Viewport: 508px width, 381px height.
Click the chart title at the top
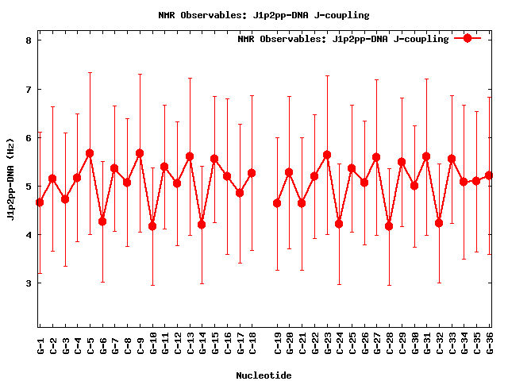click(x=254, y=15)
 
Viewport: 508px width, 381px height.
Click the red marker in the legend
click(x=468, y=38)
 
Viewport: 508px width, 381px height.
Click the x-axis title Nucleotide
click(x=264, y=375)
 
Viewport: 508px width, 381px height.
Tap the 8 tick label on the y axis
click(x=29, y=40)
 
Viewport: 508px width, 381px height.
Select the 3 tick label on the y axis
click(x=29, y=283)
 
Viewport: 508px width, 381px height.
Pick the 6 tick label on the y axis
click(x=29, y=138)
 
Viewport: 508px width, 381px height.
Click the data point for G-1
click(x=40, y=202)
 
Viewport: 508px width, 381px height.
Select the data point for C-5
click(x=90, y=153)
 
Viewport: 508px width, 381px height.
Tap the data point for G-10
click(x=152, y=226)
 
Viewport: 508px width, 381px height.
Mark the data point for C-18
click(x=252, y=173)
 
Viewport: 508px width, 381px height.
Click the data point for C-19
click(x=277, y=203)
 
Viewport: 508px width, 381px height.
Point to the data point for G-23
click(x=327, y=155)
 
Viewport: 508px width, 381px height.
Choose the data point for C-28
click(x=389, y=226)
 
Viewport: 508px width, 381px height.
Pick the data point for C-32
click(x=439, y=223)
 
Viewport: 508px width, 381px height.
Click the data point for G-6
click(x=102, y=221)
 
